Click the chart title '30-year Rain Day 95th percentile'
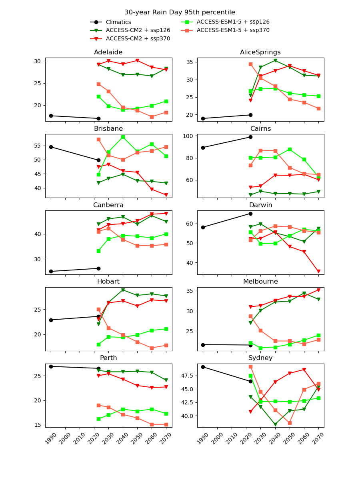pos(180,12)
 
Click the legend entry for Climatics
pos(118,22)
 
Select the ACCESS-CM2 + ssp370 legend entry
pos(138,39)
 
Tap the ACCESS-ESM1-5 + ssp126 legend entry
pos(233,22)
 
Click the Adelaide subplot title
pos(108,52)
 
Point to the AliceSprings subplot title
pos(260,52)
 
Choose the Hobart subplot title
pos(108,282)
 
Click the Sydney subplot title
pos(260,358)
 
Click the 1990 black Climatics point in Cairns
pos(203,148)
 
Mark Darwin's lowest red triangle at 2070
pos(318,271)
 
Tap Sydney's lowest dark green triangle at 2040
pos(275,424)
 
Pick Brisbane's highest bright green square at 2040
pos(123,137)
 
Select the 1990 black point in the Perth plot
pos(51,366)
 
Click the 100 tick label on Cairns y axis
pos(189,136)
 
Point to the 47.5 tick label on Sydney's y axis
pos(186,376)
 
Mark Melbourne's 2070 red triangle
pos(318,290)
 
